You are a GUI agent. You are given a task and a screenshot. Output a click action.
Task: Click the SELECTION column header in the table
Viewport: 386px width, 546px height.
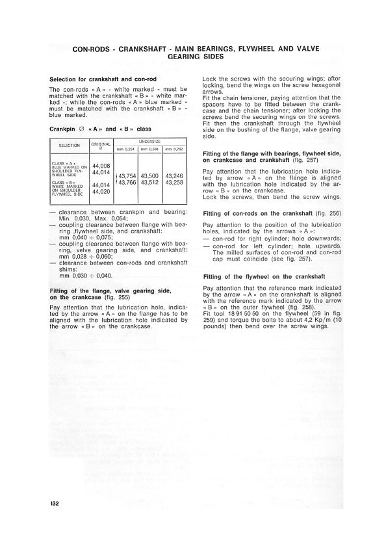70,146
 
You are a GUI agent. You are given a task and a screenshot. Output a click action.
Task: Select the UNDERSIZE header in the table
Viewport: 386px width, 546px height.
148,140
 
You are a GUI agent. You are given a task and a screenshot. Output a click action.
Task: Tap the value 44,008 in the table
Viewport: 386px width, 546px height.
101,166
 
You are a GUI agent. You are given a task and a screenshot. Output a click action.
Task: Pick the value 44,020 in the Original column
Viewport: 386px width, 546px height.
101,192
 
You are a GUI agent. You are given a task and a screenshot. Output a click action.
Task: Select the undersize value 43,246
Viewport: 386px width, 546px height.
174,176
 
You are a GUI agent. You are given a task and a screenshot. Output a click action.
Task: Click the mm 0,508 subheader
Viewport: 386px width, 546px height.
149,149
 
